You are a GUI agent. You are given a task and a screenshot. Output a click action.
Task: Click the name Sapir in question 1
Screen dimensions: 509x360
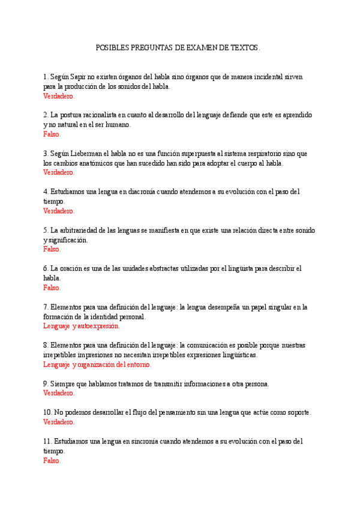(x=78, y=77)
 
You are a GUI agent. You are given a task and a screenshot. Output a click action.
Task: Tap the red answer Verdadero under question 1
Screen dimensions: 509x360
(x=58, y=95)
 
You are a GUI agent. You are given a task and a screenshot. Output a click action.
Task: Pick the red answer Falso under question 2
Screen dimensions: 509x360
(x=52, y=134)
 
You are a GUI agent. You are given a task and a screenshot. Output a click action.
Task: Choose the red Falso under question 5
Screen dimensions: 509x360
(x=52, y=248)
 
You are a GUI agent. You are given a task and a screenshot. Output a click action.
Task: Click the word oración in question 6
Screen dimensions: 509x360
(x=73, y=268)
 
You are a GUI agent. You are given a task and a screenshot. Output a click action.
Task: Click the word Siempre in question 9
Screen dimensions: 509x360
(x=63, y=384)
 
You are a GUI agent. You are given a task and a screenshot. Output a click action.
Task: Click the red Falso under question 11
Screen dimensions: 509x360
(x=52, y=460)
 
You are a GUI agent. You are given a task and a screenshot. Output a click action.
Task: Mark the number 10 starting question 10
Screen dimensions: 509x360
(x=47, y=413)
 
